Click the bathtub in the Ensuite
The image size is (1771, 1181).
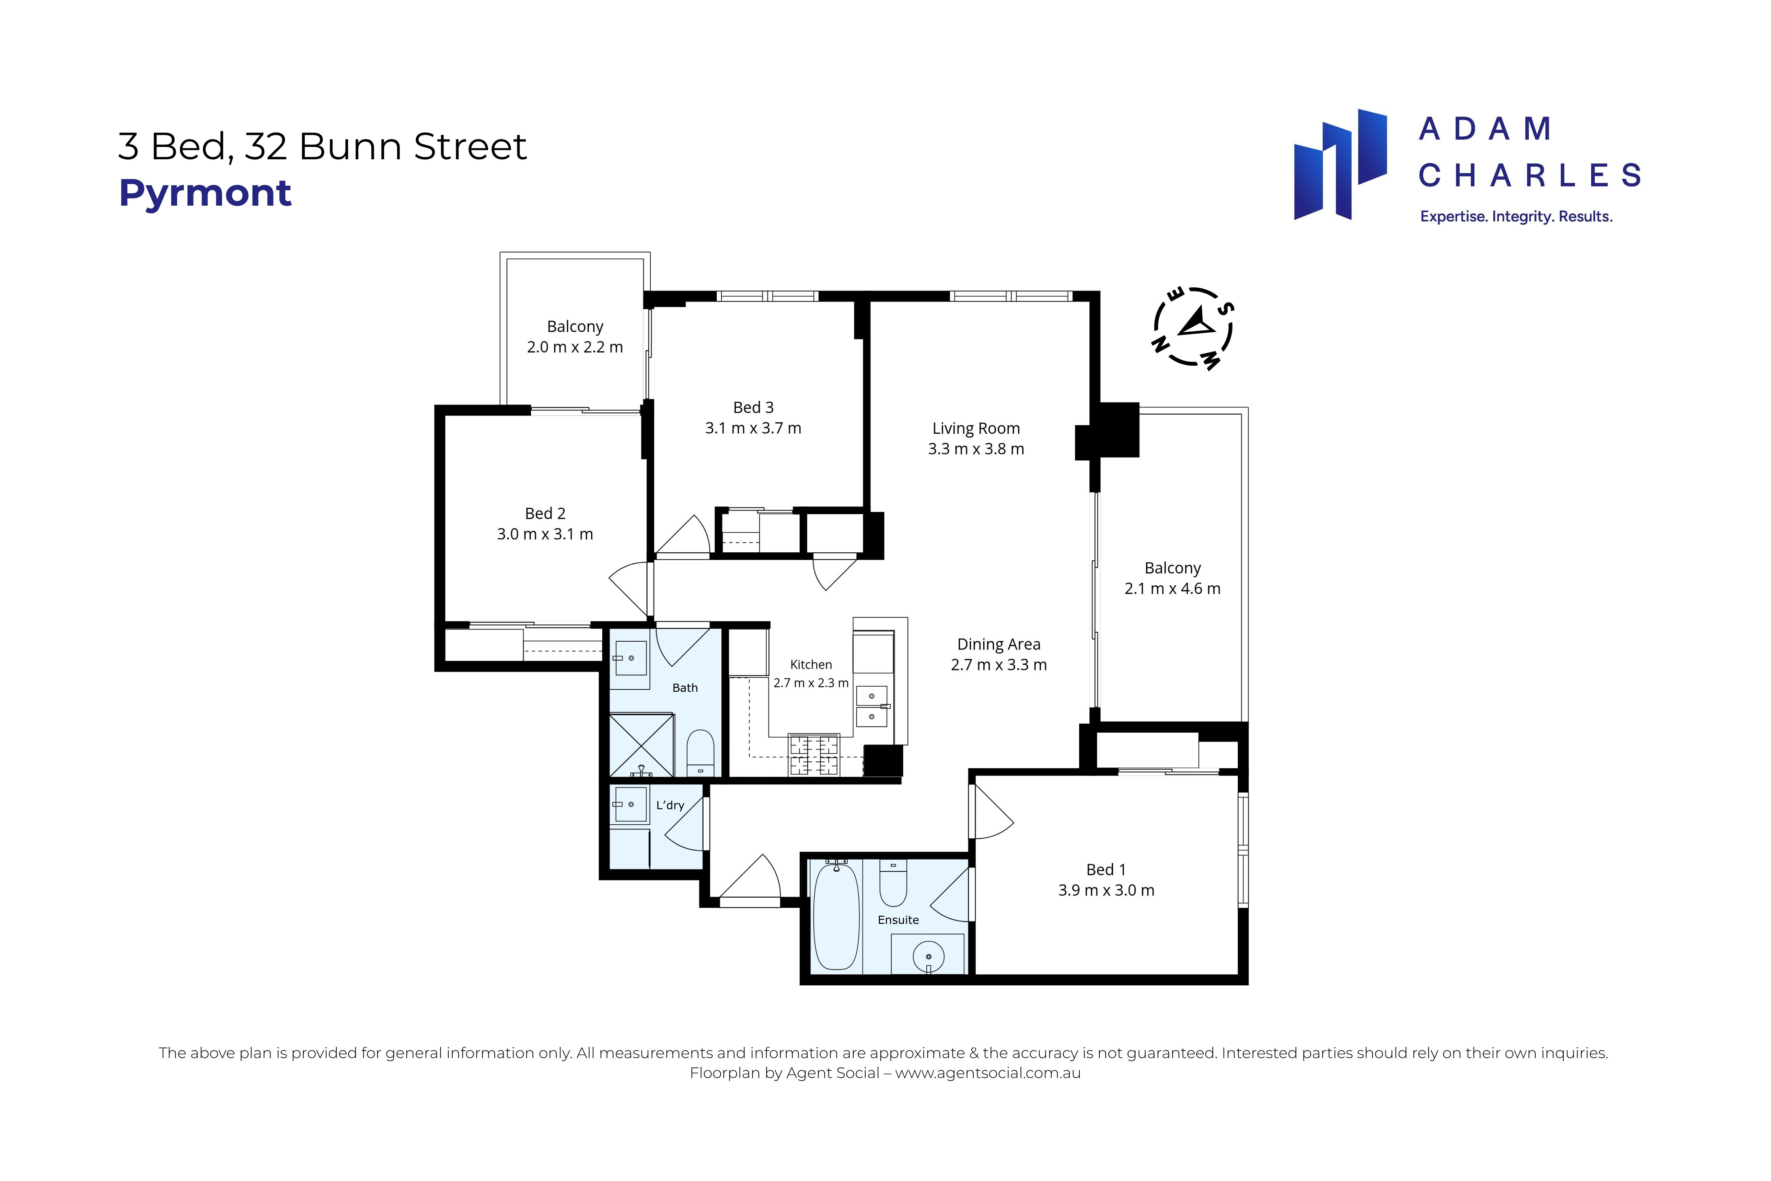pyautogui.click(x=836, y=917)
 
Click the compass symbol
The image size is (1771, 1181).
pyautogui.click(x=1193, y=329)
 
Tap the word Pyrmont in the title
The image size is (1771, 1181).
pyautogui.click(x=205, y=194)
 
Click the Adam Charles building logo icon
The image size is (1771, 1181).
pyautogui.click(x=1340, y=164)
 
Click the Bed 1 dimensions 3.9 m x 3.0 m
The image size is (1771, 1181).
pyautogui.click(x=1106, y=890)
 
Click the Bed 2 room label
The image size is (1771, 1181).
pyautogui.click(x=545, y=514)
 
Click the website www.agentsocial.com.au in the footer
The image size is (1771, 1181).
pyautogui.click(x=988, y=1073)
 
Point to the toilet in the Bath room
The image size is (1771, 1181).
pyautogui.click(x=700, y=752)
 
